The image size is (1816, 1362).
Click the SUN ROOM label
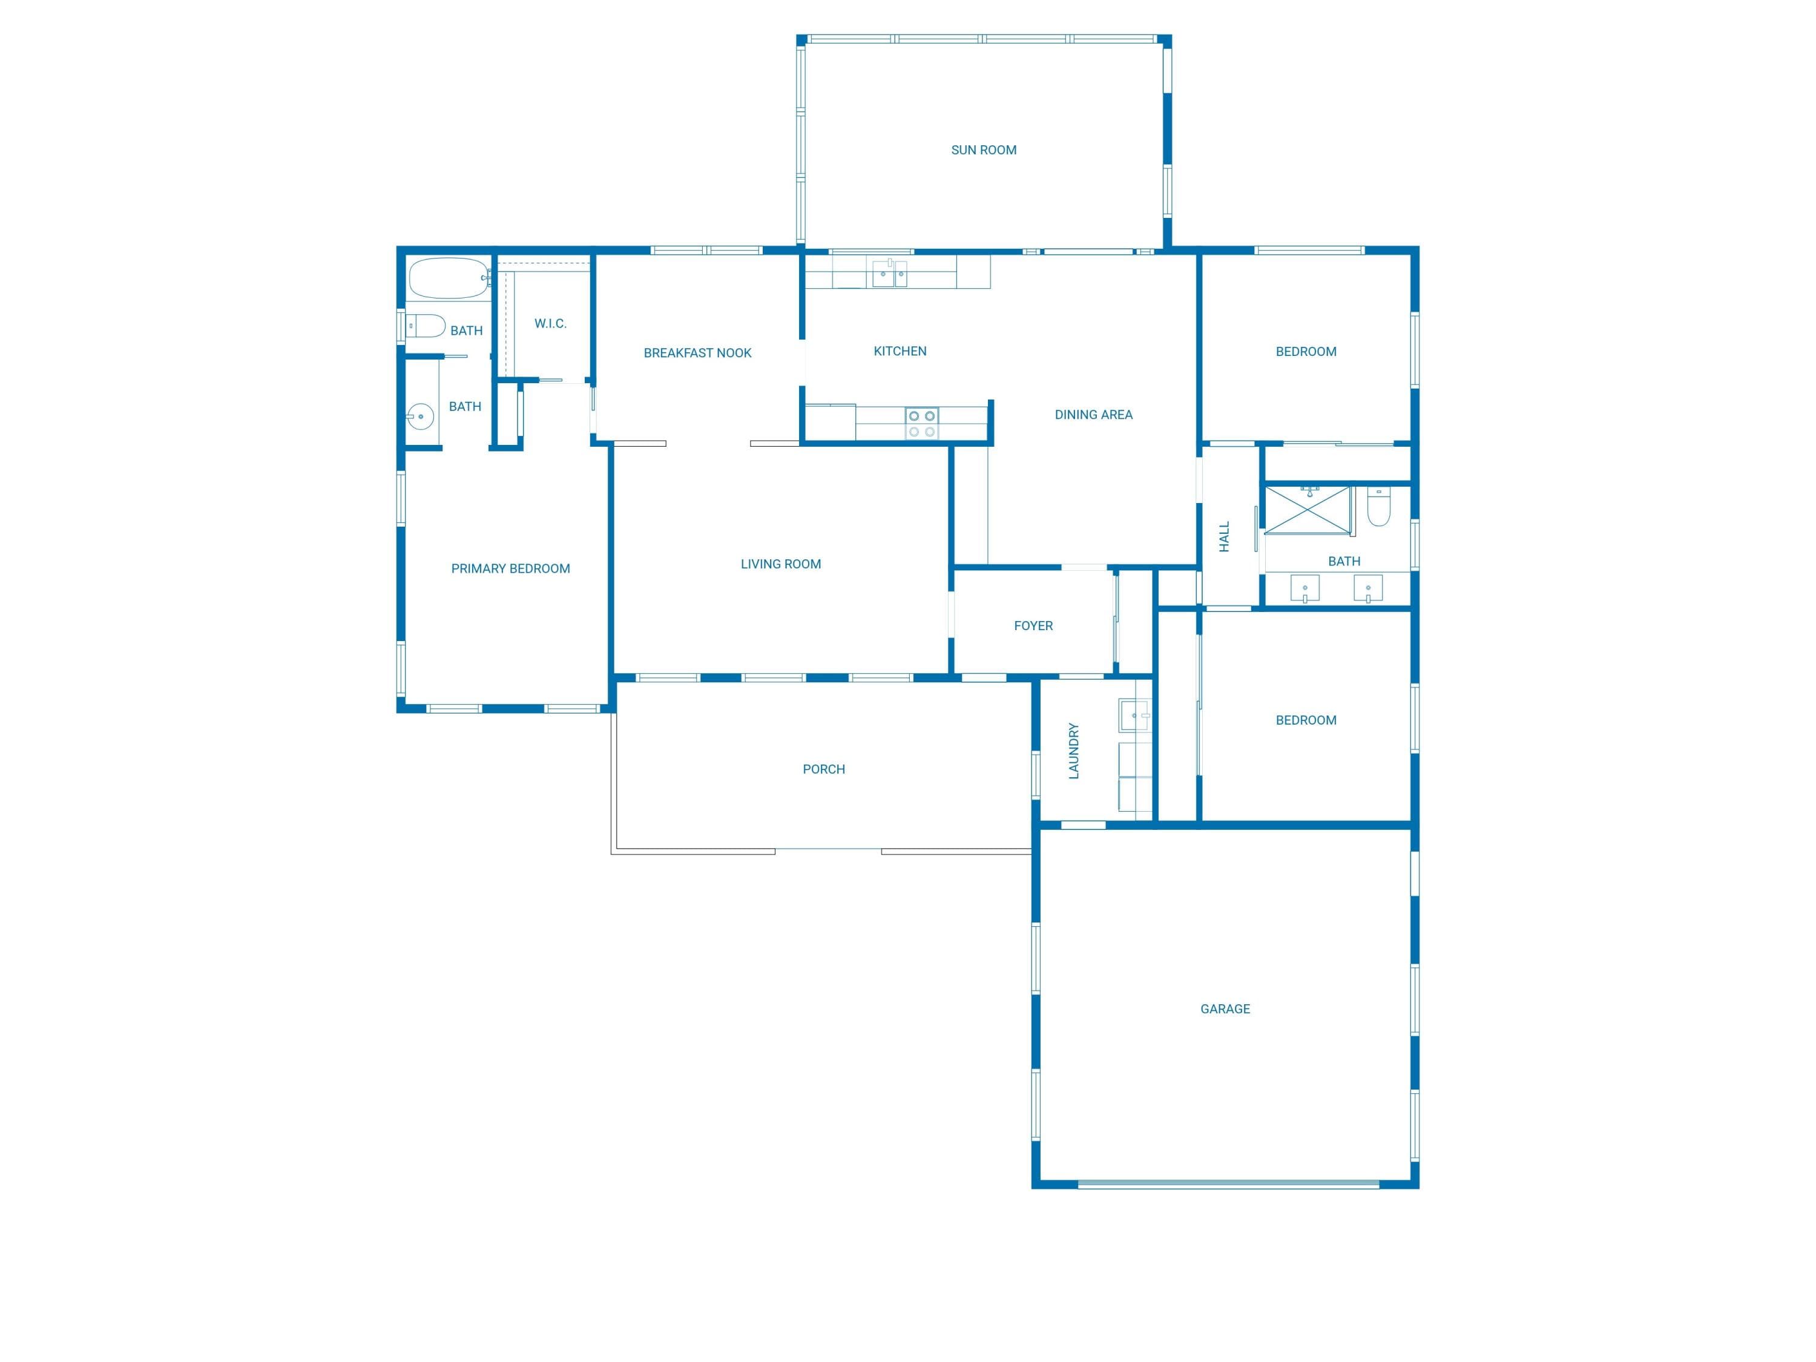[984, 150]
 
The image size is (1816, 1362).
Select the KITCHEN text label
[900, 351]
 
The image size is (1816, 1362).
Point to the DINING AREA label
[1094, 415]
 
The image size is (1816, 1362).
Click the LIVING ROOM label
[781, 564]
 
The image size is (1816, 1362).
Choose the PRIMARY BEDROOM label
[511, 569]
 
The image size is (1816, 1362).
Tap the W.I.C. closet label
[550, 323]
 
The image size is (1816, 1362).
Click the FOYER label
[1033, 625]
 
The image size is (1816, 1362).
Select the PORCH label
[823, 769]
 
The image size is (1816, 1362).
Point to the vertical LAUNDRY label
[1074, 751]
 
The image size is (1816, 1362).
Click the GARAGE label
[1225, 1009]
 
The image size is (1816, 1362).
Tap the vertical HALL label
[1224, 537]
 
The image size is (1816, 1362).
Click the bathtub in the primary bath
[449, 279]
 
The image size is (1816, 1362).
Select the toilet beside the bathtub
[426, 326]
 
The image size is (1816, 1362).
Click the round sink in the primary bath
[419, 416]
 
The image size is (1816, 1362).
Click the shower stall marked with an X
[1307, 510]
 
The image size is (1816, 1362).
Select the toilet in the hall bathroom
[1378, 507]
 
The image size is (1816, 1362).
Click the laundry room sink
[1134, 715]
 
